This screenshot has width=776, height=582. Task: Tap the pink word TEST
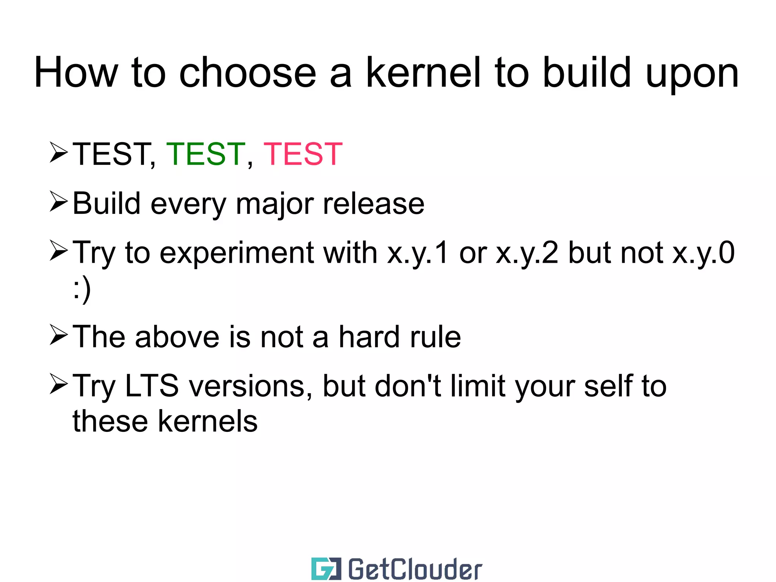[x=303, y=154]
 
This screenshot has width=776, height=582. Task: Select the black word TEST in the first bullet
[x=112, y=154]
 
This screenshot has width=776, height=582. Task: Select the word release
[x=373, y=204]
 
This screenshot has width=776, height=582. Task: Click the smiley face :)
[x=82, y=290]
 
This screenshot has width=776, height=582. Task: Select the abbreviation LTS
[x=152, y=386]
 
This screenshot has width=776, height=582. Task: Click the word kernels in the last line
[x=208, y=421]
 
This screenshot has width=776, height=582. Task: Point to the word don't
[x=408, y=386]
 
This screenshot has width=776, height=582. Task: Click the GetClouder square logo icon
[x=326, y=569]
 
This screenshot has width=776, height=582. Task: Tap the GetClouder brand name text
[x=415, y=569]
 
